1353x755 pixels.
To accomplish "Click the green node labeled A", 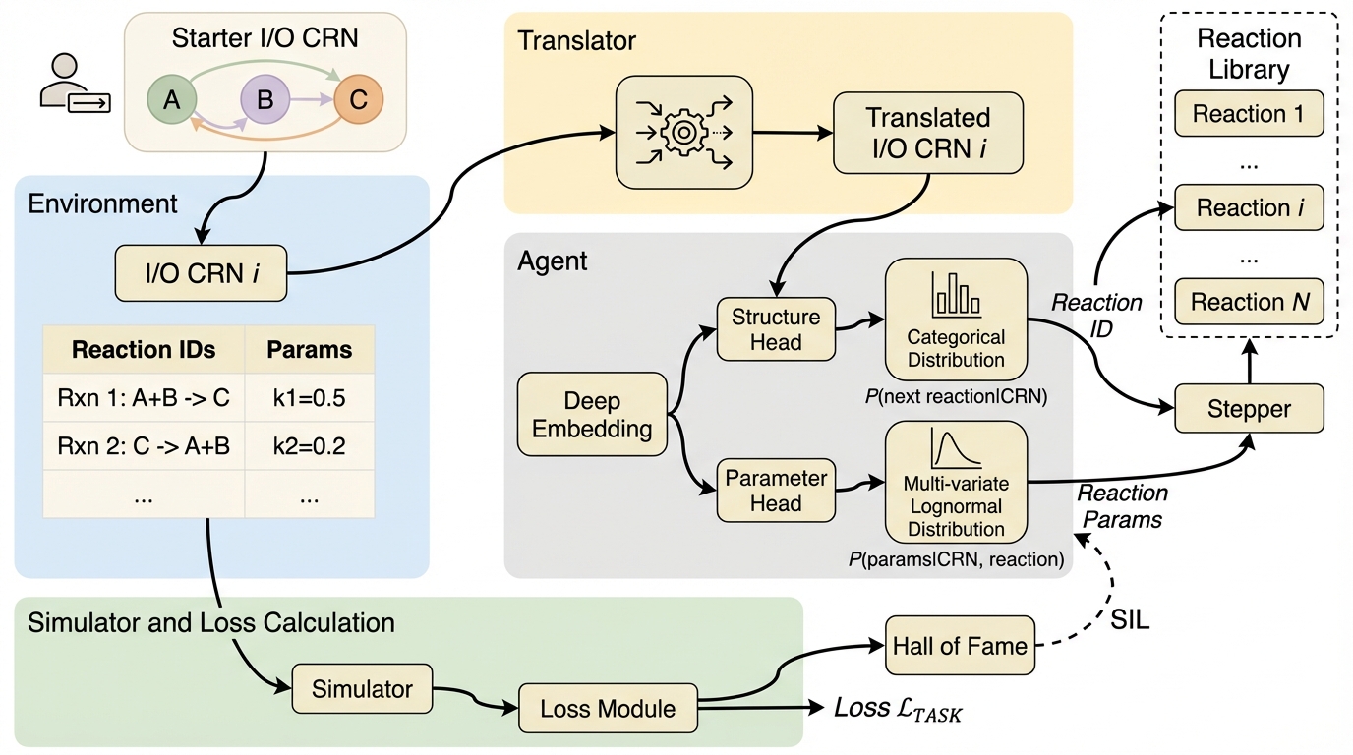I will [171, 100].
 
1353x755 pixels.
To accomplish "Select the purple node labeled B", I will [265, 100].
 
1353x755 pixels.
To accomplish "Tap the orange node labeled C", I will [358, 100].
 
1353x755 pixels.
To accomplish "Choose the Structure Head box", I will [776, 329].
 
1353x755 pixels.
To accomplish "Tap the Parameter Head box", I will [777, 491].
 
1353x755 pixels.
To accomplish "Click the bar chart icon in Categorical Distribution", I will [956, 293].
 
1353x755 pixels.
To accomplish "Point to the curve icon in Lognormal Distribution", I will [956, 451].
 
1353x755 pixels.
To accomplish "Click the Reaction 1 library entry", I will [1248, 114].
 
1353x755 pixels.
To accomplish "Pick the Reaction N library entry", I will [1248, 302].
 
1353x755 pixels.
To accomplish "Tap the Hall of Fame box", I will [960, 645].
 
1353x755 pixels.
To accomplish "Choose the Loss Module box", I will [608, 708].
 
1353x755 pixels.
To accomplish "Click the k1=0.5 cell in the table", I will [310, 399].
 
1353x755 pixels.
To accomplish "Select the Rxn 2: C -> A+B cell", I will [144, 446].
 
